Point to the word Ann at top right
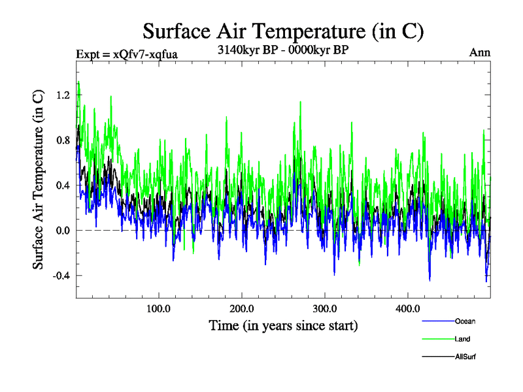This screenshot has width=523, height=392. click(480, 52)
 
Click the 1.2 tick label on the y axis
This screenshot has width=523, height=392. click(62, 95)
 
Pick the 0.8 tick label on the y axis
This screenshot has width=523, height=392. click(62, 140)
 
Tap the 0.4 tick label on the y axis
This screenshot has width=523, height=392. click(62, 185)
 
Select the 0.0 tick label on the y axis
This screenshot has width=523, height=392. click(62, 230)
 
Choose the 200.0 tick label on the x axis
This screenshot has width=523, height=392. click(242, 308)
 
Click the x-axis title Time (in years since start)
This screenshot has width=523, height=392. click(283, 325)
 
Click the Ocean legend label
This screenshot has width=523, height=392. click(465, 321)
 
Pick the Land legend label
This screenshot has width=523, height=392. click(462, 339)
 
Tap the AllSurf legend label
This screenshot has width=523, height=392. click(465, 357)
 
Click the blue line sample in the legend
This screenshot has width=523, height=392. click(438, 321)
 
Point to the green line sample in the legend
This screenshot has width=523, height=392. click(438, 339)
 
